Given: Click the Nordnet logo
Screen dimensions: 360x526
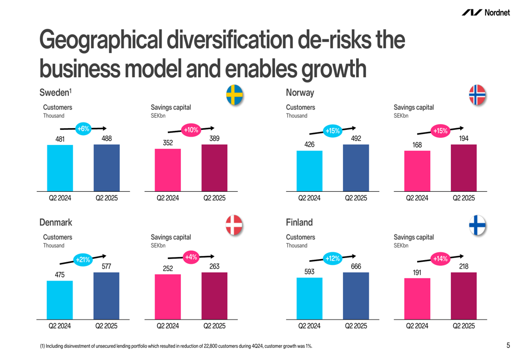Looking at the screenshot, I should (x=485, y=13).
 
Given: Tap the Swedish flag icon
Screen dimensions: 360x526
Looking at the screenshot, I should (x=235, y=95).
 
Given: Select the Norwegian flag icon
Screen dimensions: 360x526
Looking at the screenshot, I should (x=477, y=95).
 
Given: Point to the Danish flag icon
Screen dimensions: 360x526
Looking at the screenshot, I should (x=235, y=225).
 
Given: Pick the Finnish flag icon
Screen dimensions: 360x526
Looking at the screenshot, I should (x=477, y=225).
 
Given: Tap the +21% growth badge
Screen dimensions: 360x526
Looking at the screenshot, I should (x=83, y=260).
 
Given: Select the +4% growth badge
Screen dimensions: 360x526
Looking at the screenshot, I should (x=191, y=257).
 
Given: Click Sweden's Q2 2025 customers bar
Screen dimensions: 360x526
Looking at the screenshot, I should (x=106, y=167).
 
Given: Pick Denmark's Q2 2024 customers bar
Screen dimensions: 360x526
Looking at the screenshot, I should (x=60, y=300).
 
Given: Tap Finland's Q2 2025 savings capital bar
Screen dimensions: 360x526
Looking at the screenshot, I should (x=463, y=295).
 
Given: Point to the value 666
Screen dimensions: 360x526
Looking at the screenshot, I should (x=356, y=266).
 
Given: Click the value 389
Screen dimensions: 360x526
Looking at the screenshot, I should (x=214, y=139).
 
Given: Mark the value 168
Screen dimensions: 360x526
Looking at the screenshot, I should (x=417, y=145).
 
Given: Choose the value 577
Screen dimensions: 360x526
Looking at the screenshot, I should (x=106, y=266).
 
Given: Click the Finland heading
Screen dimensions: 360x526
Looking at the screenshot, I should (x=299, y=222).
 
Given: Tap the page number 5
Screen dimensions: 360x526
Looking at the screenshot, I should (x=508, y=345).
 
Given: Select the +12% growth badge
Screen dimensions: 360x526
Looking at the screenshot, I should (x=332, y=259).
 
